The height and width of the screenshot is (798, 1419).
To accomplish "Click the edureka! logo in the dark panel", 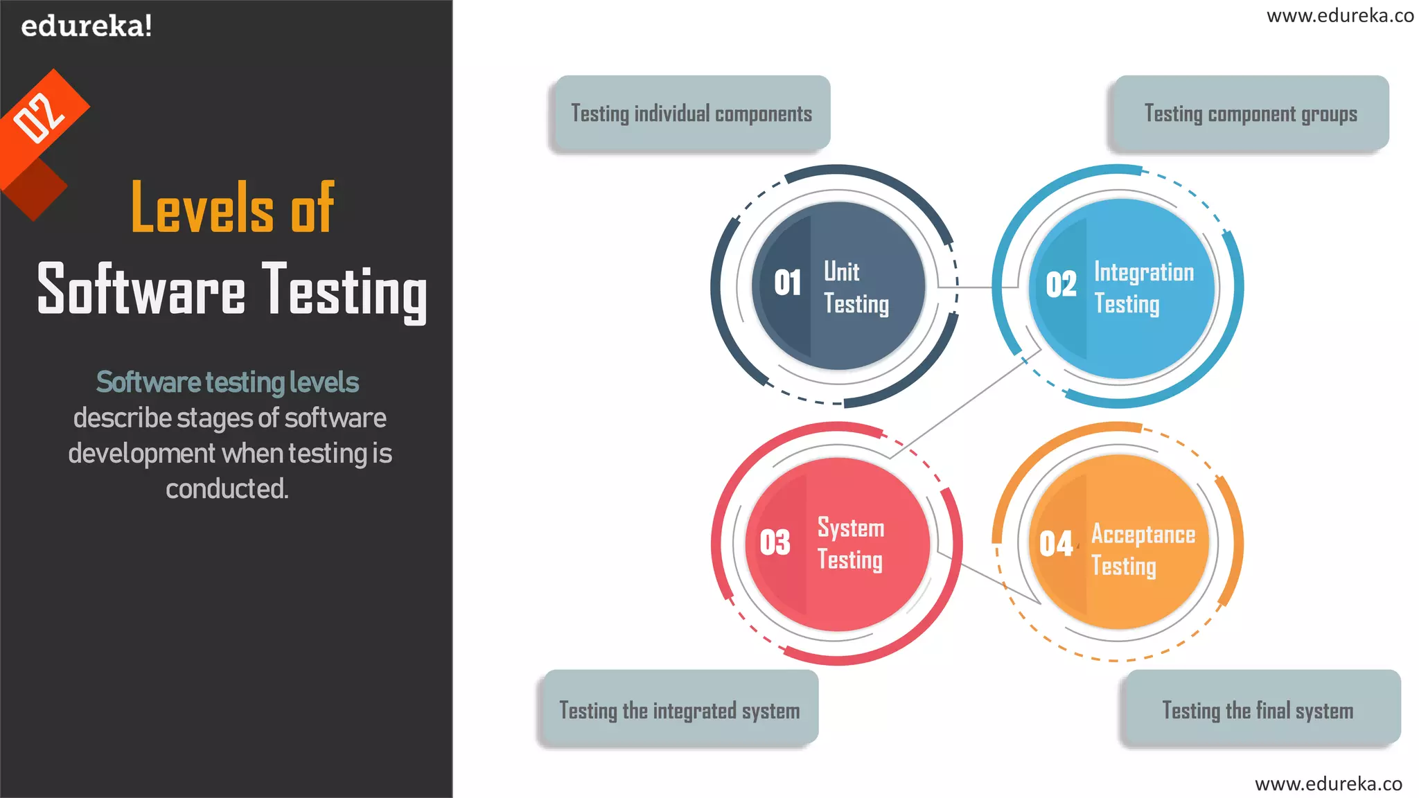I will click(86, 26).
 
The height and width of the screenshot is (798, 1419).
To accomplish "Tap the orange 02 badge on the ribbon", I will click(39, 117).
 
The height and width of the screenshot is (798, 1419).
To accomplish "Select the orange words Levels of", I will click(233, 207).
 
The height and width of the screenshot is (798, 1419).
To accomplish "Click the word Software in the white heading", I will click(141, 290).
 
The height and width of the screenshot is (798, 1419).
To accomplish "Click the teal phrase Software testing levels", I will click(227, 382).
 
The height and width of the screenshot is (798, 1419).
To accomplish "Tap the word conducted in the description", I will click(227, 489).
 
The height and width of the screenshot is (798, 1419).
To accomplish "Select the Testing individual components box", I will click(691, 114).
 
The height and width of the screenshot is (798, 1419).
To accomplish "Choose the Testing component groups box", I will click(1250, 114).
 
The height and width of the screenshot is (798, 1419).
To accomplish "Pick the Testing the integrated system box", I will click(679, 710).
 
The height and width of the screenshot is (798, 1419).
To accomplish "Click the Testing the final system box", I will click(1258, 710).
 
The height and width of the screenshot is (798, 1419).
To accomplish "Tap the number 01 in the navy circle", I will click(788, 283).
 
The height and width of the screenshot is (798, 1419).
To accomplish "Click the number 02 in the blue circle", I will click(1061, 285).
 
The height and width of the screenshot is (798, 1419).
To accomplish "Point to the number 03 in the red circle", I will click(775, 542).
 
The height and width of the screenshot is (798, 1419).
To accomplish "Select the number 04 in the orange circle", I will click(1056, 544).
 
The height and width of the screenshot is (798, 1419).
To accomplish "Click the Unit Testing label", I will click(856, 287).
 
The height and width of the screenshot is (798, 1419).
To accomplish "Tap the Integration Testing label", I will click(1143, 287).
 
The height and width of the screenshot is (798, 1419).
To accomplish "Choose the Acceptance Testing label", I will click(1143, 549).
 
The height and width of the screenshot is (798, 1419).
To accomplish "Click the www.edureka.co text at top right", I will click(1339, 16).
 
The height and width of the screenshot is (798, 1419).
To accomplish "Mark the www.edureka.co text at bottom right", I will click(1328, 783).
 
